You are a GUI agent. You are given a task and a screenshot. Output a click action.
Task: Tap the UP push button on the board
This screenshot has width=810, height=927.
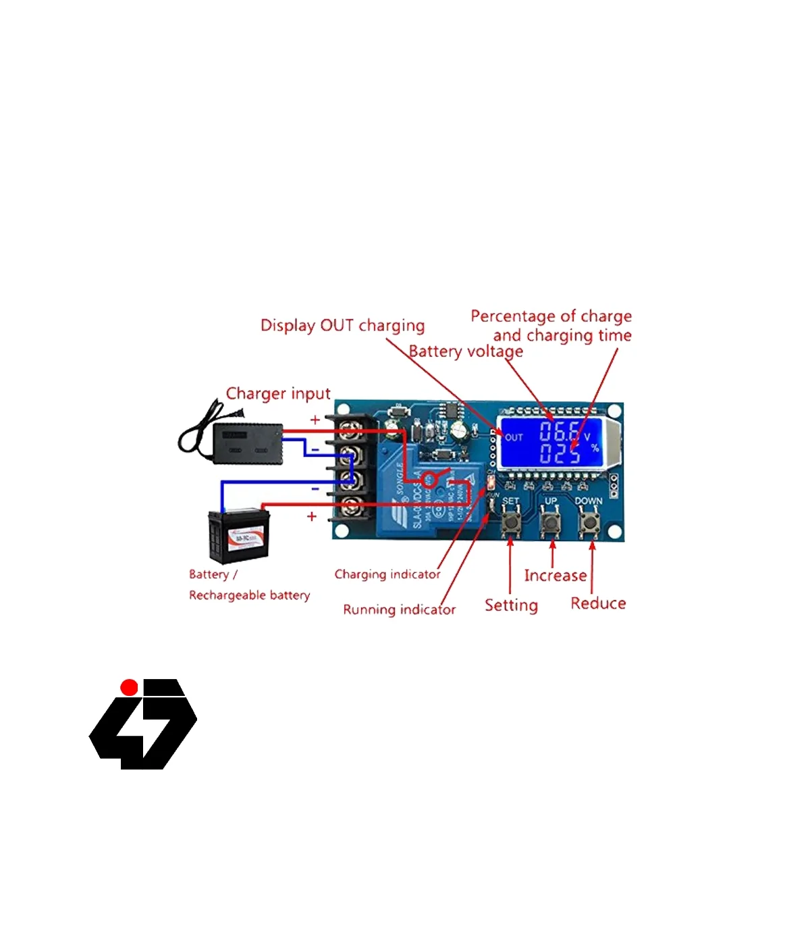[x=551, y=522]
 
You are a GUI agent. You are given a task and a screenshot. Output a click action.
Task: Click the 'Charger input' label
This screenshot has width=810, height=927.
[x=278, y=393]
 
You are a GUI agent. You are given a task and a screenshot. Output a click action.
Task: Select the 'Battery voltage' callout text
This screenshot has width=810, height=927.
[x=466, y=351]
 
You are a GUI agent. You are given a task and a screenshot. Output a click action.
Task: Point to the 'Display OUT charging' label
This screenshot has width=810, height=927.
[x=342, y=326]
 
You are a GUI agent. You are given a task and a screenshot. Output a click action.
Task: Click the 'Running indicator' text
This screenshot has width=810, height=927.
[x=399, y=609]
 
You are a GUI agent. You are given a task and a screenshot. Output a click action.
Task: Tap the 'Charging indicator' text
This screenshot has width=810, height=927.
[x=387, y=574]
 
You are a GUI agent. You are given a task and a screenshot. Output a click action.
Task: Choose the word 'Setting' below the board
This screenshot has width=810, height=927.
[x=511, y=605]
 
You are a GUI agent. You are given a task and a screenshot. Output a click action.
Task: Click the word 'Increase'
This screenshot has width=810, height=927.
[x=555, y=576]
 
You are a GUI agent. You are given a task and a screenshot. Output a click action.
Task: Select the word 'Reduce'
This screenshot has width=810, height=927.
[x=598, y=603]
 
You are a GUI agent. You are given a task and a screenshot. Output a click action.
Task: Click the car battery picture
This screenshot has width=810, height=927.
[x=239, y=536]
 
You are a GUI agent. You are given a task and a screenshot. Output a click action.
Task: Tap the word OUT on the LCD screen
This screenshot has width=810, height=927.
[x=514, y=437]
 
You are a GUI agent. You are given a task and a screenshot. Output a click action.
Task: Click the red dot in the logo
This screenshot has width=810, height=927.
[x=129, y=688]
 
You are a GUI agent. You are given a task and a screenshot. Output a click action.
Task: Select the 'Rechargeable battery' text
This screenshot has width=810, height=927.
[x=249, y=595]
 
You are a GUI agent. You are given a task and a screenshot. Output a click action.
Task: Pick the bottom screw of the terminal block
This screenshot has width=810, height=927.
[x=350, y=505]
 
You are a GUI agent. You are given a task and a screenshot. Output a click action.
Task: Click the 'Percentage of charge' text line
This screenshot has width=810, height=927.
[x=551, y=316]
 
